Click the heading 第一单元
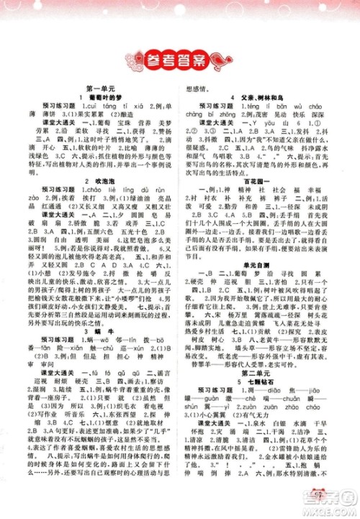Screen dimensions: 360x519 pyautogui.click(x=97, y=86)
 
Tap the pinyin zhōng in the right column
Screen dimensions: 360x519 pyautogui.click(x=225, y=114)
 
